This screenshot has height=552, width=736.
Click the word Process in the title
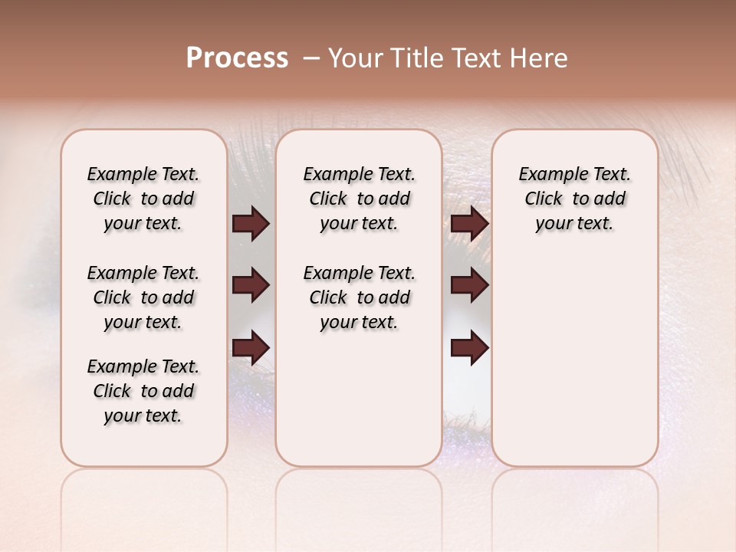[x=237, y=58]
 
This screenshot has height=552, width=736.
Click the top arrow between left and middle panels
[x=251, y=224]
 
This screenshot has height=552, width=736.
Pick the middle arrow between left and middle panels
[x=251, y=286]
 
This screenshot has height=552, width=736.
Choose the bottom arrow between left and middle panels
[x=251, y=348]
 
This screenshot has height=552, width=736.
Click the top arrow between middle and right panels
[x=469, y=224]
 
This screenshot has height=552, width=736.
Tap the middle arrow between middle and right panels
[x=469, y=286]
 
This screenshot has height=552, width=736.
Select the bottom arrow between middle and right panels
[x=469, y=348]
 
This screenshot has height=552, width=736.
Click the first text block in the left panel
[x=143, y=199]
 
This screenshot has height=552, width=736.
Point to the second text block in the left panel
[x=143, y=297]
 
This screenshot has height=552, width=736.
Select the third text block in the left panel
[x=143, y=391]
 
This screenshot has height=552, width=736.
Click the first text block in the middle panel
[x=359, y=199]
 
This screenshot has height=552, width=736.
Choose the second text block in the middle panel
[x=359, y=297]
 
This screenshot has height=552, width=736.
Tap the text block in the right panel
[x=574, y=199]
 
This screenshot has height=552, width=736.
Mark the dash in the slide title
[x=311, y=58]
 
